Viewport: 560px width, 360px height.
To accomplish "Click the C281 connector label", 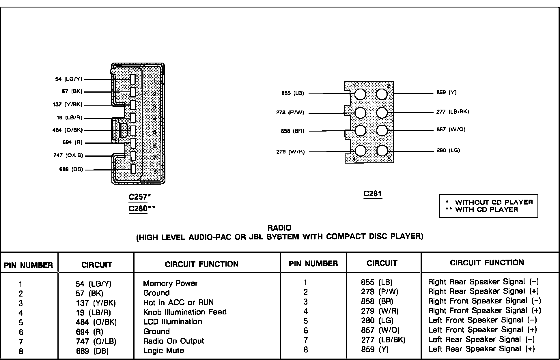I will (372, 193).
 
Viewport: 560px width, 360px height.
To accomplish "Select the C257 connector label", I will (138, 197).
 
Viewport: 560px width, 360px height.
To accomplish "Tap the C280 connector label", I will (138, 209).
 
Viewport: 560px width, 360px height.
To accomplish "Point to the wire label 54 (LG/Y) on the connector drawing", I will (69, 79).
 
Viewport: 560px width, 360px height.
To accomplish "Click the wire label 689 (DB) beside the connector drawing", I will (71, 169).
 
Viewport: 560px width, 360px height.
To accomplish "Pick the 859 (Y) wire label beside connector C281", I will (447, 93).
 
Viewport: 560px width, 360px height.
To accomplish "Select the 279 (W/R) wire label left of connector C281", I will (290, 152).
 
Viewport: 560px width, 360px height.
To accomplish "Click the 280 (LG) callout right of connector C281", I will (448, 150).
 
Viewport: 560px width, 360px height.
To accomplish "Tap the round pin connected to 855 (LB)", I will (360, 94).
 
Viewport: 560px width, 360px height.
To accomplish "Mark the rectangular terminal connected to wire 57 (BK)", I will (133, 92).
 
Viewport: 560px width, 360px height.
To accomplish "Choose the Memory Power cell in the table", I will (170, 283).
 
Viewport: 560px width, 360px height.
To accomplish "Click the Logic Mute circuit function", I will (164, 351).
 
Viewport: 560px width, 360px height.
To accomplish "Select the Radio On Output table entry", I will (173, 341).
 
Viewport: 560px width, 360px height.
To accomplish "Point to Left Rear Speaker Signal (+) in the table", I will (481, 349).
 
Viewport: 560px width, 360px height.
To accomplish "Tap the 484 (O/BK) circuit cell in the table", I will (96, 322).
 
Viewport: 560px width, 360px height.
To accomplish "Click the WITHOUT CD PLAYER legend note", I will (494, 202).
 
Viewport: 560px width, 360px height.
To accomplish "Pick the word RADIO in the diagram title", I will (279, 228).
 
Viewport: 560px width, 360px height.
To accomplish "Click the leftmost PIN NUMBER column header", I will (28, 265).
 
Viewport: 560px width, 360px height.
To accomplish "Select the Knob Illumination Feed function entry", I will (185, 312).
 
